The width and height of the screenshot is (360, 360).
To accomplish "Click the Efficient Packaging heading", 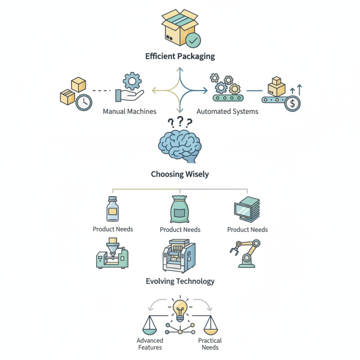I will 180,57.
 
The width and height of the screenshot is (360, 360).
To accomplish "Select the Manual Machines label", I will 129,111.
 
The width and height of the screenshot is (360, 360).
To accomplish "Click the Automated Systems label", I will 227,111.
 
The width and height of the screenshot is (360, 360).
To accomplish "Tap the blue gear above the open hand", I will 132,81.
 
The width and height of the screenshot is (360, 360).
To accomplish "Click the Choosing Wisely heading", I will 180,174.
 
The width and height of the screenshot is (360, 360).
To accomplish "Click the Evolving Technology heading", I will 180,281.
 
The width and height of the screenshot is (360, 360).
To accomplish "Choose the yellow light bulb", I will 180,310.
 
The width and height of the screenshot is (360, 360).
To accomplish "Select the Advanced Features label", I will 149,344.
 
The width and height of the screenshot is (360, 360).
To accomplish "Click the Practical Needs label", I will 210,344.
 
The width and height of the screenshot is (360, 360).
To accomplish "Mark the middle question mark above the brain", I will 180,121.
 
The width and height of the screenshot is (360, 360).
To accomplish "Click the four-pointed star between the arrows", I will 180,90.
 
